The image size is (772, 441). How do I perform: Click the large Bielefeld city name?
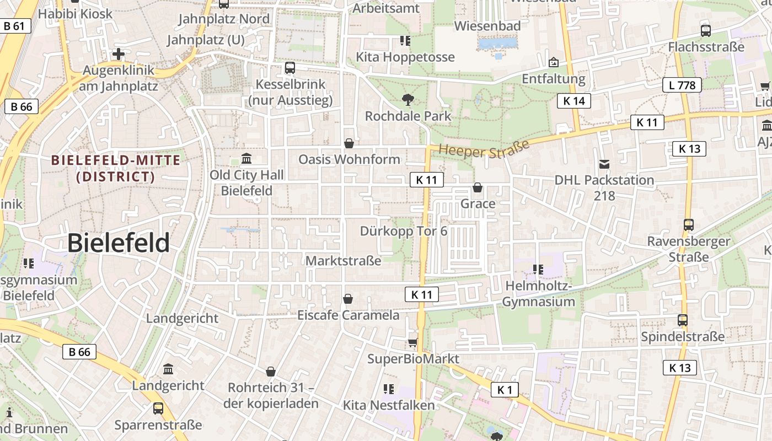[x=119, y=243]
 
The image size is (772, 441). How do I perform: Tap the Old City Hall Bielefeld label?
[x=246, y=182]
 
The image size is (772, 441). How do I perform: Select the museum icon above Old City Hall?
[x=246, y=159]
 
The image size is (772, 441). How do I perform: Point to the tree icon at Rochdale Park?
[x=408, y=100]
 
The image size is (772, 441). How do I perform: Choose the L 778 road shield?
[x=682, y=85]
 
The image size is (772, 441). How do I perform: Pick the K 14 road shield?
[x=574, y=101]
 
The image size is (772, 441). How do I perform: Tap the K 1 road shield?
[x=505, y=390]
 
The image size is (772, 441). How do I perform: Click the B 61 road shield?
[x=14, y=26]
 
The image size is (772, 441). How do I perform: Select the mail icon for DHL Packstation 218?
[x=604, y=164]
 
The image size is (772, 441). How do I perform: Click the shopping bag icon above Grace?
[x=478, y=188]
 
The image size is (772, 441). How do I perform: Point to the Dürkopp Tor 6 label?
[x=404, y=231]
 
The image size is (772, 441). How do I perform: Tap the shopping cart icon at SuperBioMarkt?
[x=412, y=343]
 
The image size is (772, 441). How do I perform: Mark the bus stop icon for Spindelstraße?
[x=683, y=320]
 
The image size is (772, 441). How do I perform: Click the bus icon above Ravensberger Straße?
[x=688, y=225]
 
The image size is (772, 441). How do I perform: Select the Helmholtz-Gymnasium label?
[x=538, y=294]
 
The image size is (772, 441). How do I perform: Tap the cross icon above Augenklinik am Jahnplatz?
[x=118, y=54]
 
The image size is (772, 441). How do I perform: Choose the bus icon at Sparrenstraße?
[x=158, y=408]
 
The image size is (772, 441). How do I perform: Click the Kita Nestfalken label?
[x=389, y=406]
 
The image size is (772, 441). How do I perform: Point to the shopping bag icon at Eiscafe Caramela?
[x=348, y=299]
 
